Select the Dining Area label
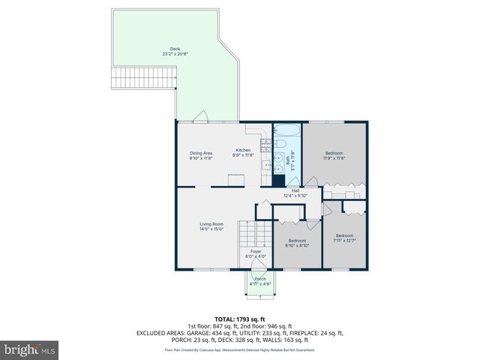(200, 155)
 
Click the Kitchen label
(244, 152)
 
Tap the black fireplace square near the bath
(278, 180)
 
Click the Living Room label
(211, 226)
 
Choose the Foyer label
(256, 253)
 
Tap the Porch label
(259, 280)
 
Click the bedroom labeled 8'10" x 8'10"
(298, 243)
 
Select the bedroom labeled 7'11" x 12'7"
(344, 238)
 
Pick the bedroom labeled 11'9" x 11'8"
(334, 154)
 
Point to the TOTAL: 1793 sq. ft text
(239, 319)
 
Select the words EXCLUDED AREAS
(160, 332)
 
